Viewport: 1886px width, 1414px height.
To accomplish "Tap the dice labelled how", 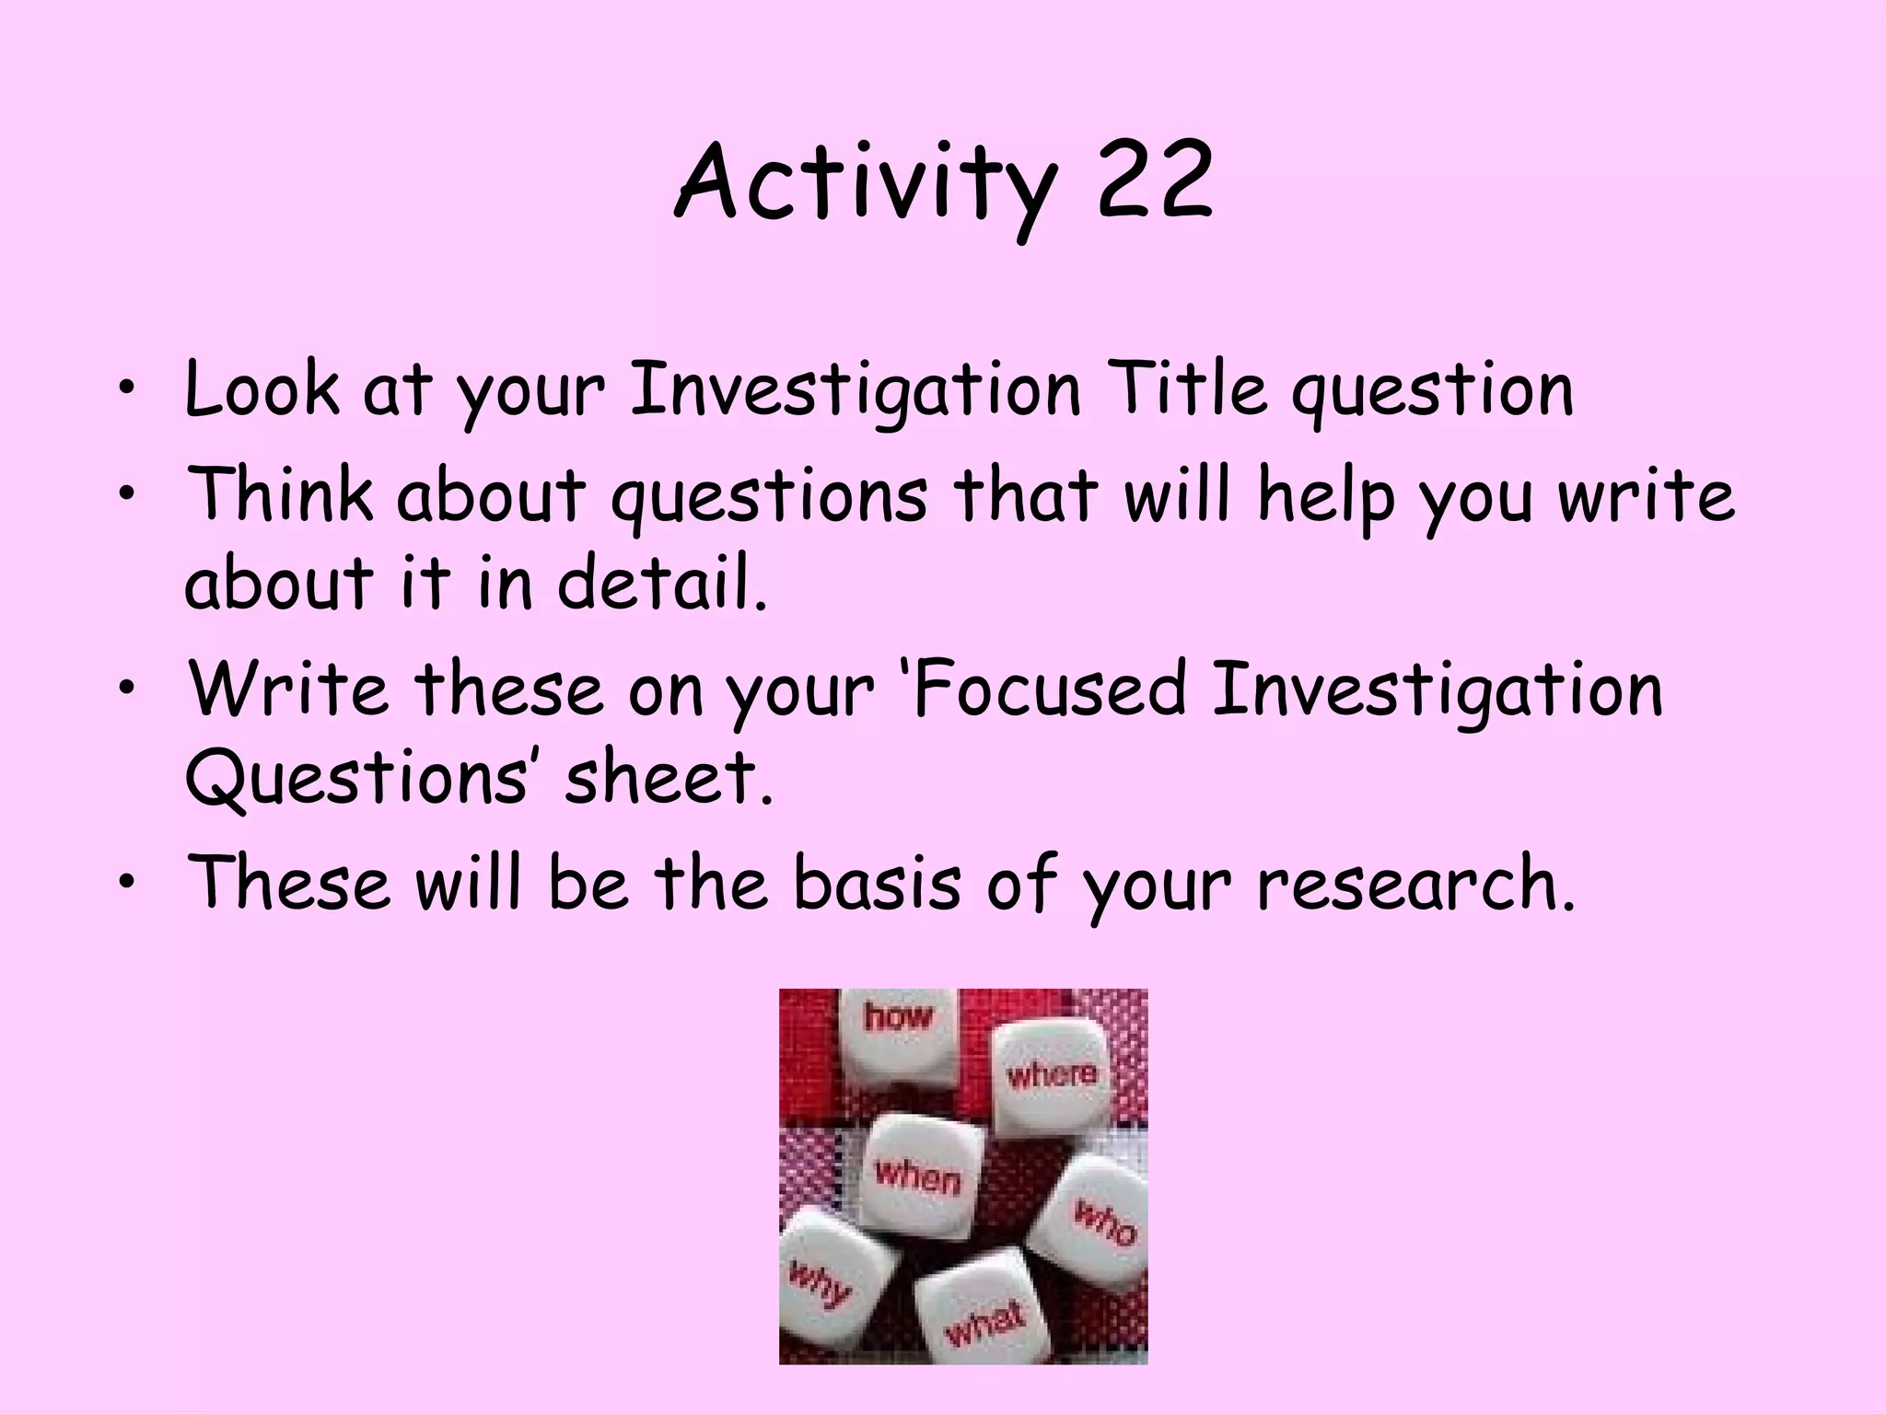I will pyautogui.click(x=898, y=1036).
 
